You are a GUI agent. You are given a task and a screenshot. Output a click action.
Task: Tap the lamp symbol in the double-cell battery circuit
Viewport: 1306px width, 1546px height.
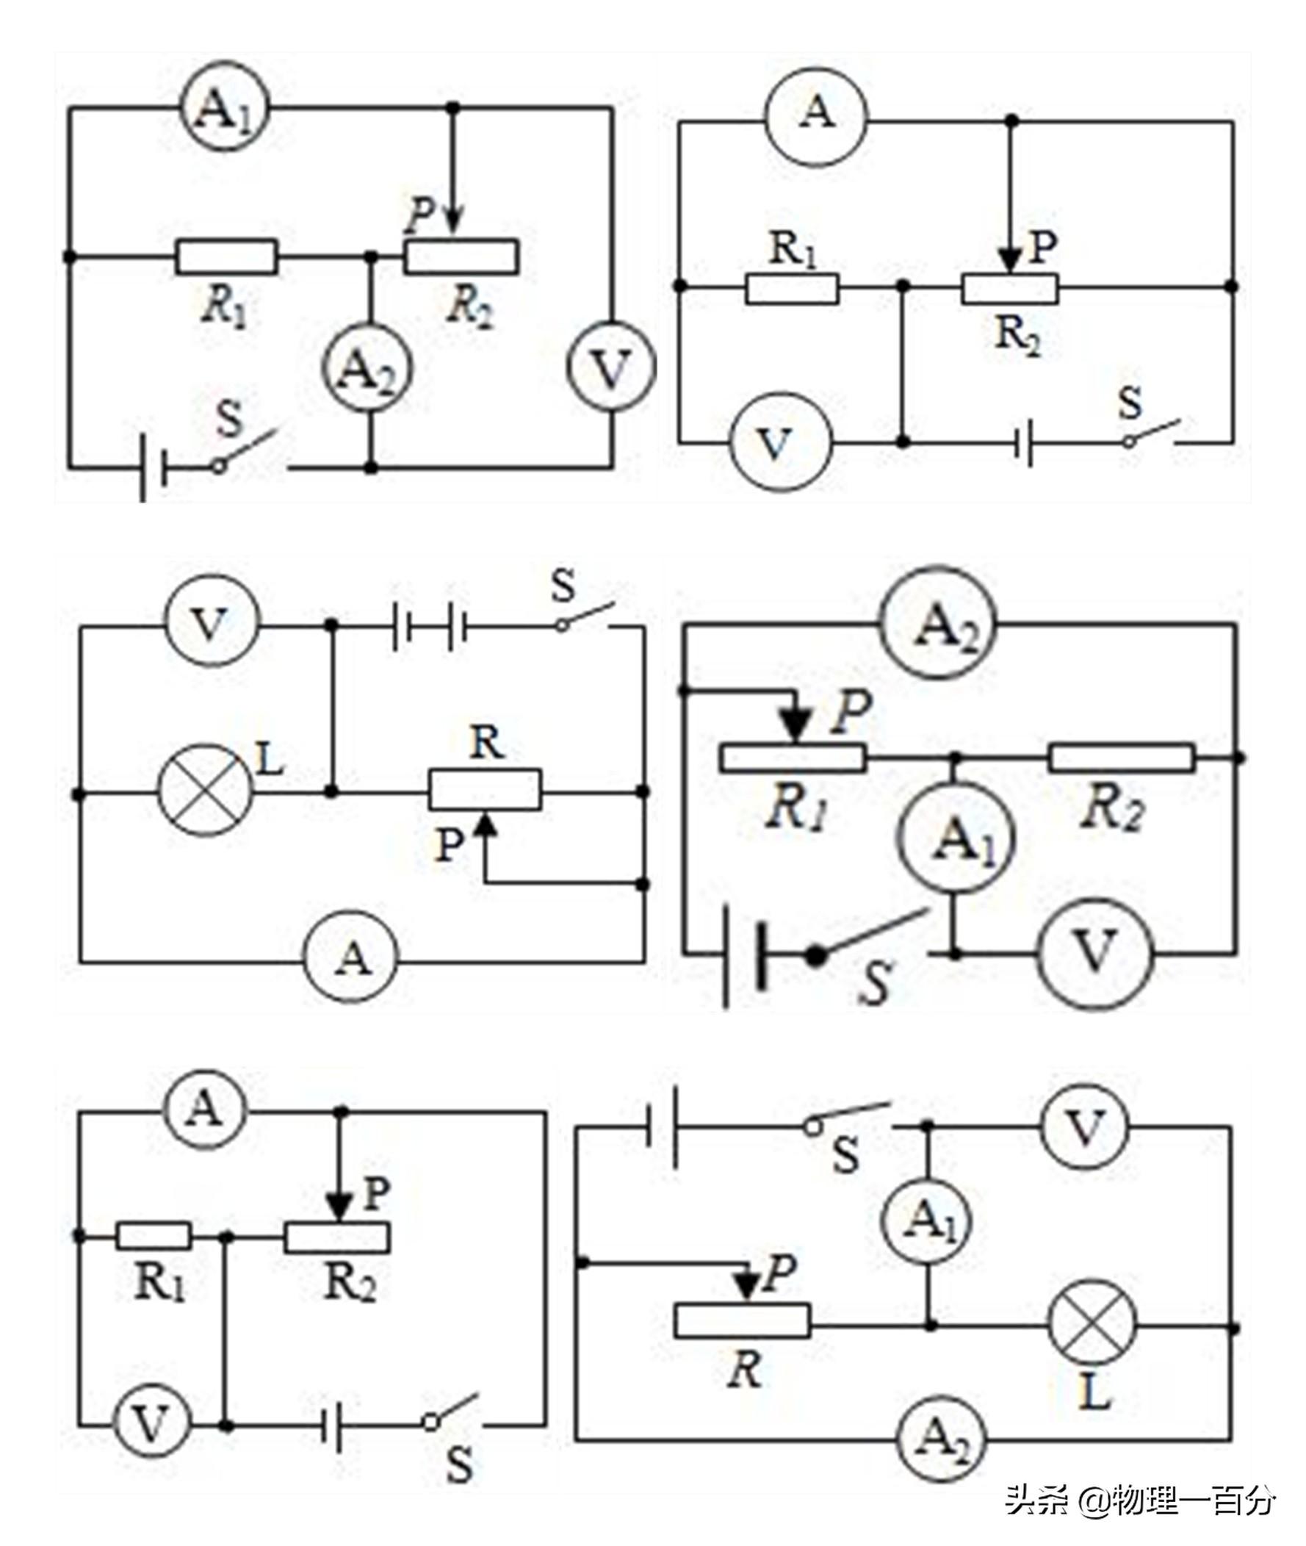(x=205, y=791)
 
